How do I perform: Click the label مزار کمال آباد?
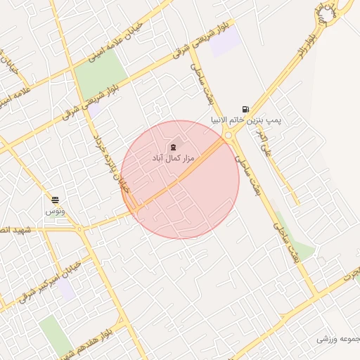tap(172, 160)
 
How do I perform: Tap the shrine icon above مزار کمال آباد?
tap(173, 147)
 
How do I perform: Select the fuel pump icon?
tap(245, 109)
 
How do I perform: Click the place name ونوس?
tap(55, 211)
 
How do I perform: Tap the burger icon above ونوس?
tap(55, 200)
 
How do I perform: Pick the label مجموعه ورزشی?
tap(337, 339)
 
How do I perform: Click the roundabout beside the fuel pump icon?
tap(228, 136)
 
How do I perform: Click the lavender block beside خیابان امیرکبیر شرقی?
tap(66, 289)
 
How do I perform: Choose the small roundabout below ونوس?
tap(80, 229)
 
